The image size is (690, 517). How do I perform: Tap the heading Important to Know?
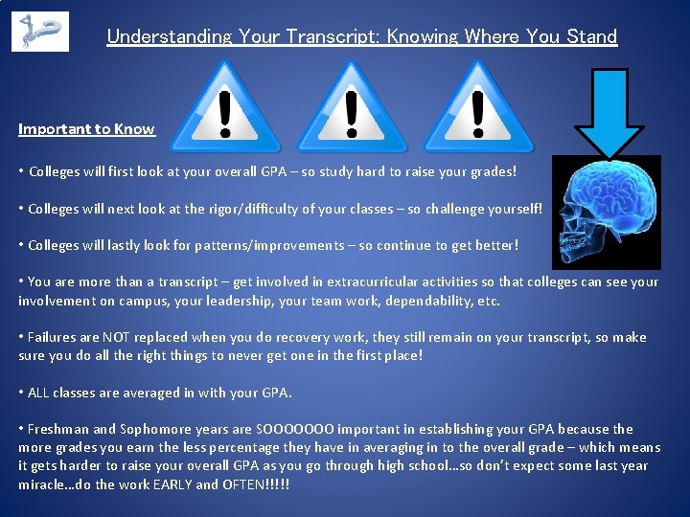tap(86, 129)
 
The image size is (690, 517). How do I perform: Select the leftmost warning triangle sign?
tap(225, 110)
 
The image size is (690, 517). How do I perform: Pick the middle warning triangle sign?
tap(351, 110)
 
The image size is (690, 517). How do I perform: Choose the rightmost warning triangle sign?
tap(478, 110)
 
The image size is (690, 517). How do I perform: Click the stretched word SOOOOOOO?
tap(296, 429)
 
